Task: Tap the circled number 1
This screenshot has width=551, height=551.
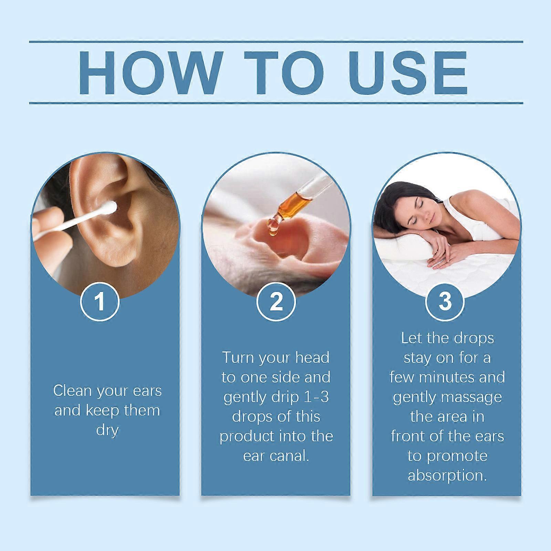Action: coord(100,301)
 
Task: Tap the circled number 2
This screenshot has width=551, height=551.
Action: coord(276,301)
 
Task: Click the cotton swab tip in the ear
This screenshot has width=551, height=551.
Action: coord(111,208)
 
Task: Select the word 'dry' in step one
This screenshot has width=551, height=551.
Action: coord(107,430)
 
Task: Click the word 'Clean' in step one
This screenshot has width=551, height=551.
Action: coord(73,391)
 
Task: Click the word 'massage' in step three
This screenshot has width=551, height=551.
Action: coord(469,397)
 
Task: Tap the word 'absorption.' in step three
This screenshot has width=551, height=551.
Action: coord(447,476)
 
